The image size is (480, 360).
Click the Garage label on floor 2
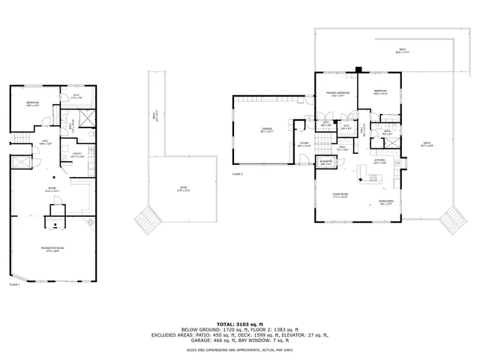(x=266, y=130)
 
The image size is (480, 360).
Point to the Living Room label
(x=341, y=196)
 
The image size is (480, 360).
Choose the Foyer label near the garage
(x=304, y=144)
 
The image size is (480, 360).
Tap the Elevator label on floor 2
(x=326, y=163)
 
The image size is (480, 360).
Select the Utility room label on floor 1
(x=76, y=156)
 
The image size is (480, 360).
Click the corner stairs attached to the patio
(x=146, y=220)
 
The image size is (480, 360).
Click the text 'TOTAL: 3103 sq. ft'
(x=240, y=322)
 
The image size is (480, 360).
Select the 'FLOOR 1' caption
(x=14, y=285)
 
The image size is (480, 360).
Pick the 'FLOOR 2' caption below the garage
(x=238, y=174)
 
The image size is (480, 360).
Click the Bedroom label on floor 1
(x=33, y=104)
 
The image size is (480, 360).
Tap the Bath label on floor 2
(x=387, y=133)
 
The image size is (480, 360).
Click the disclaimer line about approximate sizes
(x=240, y=349)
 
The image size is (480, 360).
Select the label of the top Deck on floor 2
(x=403, y=52)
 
